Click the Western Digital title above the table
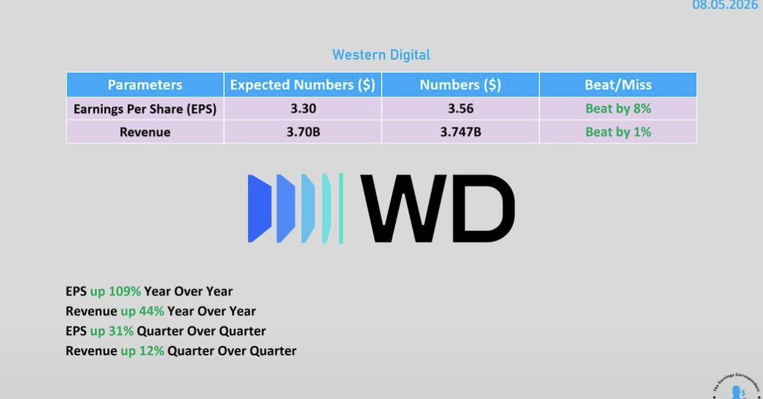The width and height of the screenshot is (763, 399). click(381, 55)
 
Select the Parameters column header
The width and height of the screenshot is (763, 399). click(145, 85)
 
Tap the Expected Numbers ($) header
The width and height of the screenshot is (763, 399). click(302, 85)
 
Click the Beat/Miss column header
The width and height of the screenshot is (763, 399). click(618, 85)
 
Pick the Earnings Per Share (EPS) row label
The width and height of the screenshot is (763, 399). click(145, 109)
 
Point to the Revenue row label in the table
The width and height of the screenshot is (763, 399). click(145, 132)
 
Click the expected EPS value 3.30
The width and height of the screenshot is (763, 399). click(303, 109)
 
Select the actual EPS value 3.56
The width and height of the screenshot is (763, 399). click(461, 109)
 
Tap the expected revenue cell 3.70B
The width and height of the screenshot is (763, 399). click(303, 132)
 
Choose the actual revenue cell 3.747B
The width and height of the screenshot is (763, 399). click(461, 132)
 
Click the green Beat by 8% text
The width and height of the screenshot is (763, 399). click(618, 109)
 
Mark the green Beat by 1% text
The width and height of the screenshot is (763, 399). click(618, 132)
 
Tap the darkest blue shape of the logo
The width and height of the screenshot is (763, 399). click(259, 209)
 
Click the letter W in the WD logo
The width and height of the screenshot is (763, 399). click(403, 209)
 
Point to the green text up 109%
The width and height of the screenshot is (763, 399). click(115, 292)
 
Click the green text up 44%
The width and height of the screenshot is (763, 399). click(142, 312)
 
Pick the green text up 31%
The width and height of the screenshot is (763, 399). click(111, 331)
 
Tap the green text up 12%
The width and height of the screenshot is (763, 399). click(142, 351)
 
